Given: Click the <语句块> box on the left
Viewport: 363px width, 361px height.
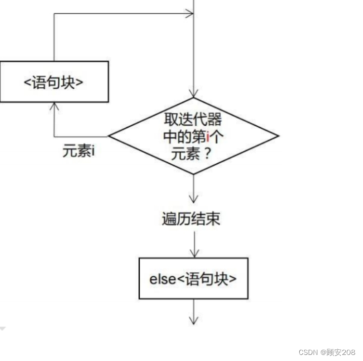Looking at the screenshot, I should coord(54,82).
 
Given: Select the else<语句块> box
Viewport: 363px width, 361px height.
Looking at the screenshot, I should coord(193,278).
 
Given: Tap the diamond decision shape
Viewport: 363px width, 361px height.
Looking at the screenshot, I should coord(193,136).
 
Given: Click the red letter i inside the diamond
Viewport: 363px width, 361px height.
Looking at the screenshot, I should coord(208,136).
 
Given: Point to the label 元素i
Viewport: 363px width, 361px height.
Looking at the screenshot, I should coord(79,151).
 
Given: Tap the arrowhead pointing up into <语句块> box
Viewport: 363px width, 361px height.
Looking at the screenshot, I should coord(54,106).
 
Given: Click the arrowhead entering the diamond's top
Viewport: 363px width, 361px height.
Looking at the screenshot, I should coord(193,93).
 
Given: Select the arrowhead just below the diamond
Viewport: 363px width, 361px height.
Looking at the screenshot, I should coord(193,199).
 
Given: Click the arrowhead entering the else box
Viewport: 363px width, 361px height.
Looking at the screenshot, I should coord(193,253).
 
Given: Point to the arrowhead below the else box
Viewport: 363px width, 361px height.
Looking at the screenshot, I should coord(193,320).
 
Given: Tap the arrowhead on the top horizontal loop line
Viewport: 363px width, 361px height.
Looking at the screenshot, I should coord(189,14).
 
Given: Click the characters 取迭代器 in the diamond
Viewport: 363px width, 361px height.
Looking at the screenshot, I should coord(193,120).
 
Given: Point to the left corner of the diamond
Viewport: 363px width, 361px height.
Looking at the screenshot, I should coord(109,136).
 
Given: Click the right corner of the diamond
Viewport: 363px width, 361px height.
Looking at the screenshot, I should coord(278,136).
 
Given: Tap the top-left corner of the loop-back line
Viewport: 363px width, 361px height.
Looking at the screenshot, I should coord(54,14).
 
